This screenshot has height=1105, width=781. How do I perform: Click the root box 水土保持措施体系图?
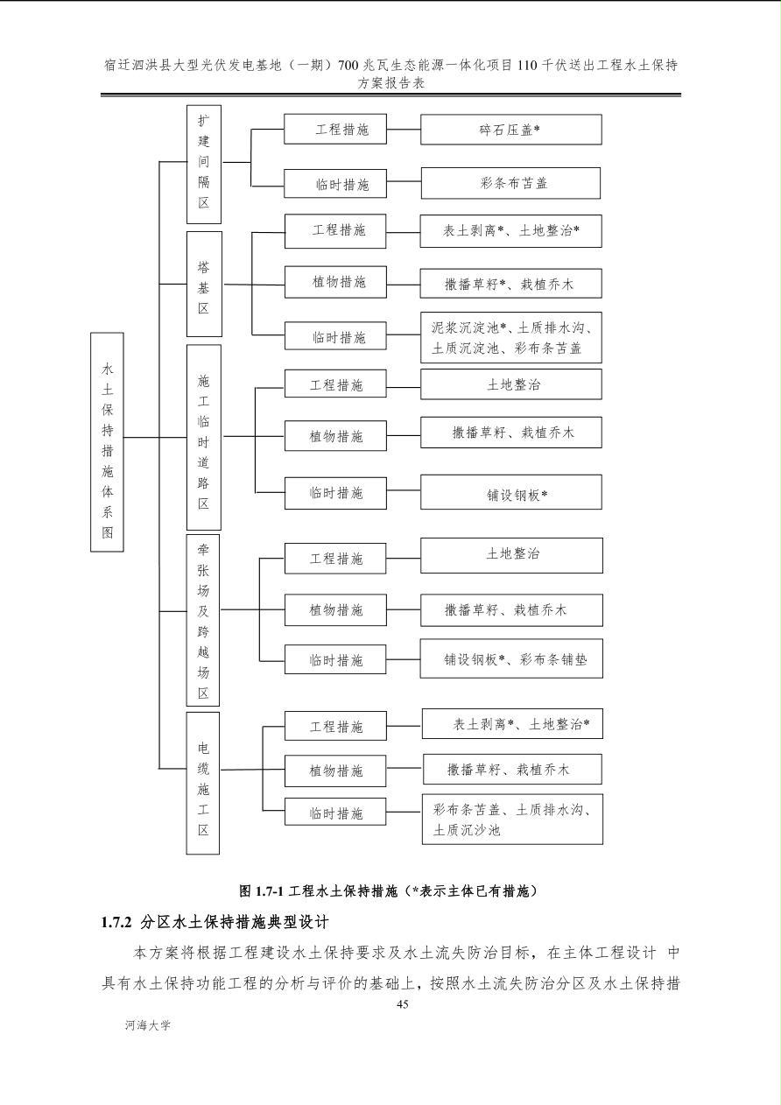tap(107, 442)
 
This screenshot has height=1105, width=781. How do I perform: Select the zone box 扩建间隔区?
tap(204, 165)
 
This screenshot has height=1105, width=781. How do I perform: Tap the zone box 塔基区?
tap(204, 285)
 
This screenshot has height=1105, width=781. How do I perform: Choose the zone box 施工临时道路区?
tap(204, 438)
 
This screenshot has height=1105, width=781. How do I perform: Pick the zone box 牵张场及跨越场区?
tap(203, 620)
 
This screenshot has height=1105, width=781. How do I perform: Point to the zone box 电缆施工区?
tap(203, 783)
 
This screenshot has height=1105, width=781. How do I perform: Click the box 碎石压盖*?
tap(511, 130)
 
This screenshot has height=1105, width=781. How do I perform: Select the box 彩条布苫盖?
tap(510, 184)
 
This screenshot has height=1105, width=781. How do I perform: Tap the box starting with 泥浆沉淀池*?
tap(511, 337)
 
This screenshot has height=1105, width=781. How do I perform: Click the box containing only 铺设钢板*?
tap(511, 492)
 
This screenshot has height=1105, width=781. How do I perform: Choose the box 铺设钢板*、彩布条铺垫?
tap(511, 658)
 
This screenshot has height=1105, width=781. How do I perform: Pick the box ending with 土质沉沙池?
tap(512, 819)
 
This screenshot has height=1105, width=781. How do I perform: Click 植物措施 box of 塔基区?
tap(335, 282)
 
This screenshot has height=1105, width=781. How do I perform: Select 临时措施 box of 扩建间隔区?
tap(335, 184)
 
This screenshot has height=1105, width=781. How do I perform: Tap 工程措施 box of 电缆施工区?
tap(335, 726)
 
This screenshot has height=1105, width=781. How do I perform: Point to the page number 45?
tap(402, 1004)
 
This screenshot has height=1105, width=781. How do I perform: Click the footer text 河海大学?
tap(147, 1025)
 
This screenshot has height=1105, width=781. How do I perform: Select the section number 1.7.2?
tap(116, 922)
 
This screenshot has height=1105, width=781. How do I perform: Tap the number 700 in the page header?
tap(348, 65)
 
